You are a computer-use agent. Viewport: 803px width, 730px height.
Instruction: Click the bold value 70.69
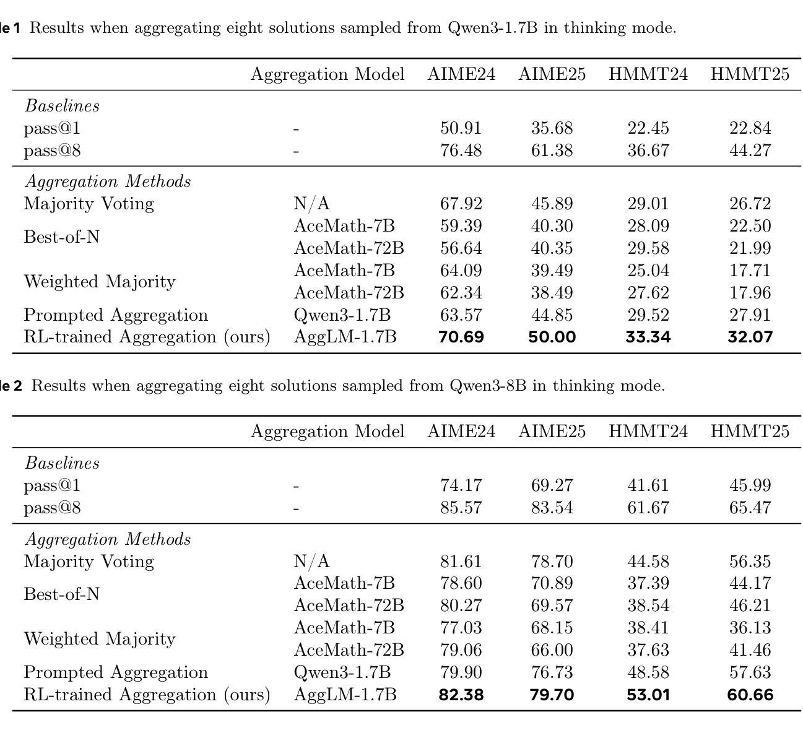461,337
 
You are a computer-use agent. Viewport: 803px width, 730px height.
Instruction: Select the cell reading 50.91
461,128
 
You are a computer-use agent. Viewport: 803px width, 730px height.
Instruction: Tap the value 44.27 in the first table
750,150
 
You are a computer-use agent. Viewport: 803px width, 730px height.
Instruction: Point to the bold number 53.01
648,694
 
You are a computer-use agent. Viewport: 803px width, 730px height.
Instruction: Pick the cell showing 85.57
461,507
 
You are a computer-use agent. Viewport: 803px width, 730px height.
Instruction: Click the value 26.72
750,204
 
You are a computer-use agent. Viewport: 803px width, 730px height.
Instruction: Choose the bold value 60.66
750,694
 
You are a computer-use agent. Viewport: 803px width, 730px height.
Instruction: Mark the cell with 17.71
750,271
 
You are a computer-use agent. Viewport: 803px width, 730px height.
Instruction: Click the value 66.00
552,650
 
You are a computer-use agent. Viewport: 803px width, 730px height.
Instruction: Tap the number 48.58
648,672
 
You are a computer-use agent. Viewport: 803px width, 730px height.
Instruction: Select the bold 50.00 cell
552,337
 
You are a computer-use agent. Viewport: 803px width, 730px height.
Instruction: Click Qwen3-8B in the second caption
488,386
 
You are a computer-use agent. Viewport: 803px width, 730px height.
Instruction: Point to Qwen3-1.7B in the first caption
492,28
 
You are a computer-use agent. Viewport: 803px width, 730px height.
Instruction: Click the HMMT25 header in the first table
750,74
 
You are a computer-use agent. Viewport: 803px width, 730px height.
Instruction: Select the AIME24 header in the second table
461,432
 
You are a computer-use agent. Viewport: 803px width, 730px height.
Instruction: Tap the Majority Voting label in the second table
89,562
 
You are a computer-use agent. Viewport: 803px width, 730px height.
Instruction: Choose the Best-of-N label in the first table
62,237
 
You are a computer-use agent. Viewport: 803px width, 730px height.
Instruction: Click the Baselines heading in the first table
62,106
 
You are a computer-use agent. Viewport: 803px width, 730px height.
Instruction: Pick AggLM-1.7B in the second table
345,694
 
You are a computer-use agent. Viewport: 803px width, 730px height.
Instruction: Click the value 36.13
750,627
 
